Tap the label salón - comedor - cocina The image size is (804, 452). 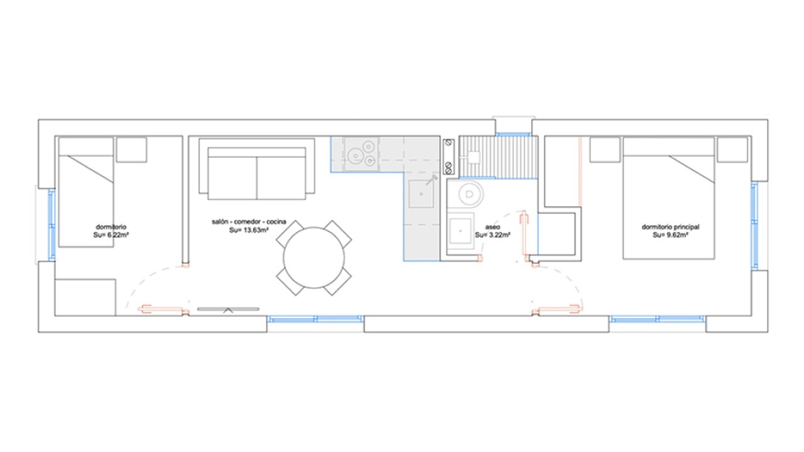[249, 222]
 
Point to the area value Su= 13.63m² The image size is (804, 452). [249, 230]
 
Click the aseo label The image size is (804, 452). [492, 226]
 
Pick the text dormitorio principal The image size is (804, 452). [670, 226]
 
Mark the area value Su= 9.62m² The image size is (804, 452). [670, 235]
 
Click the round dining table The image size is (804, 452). [313, 257]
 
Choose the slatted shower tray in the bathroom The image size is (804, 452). [498, 157]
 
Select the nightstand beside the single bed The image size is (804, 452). [131, 150]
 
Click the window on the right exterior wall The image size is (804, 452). [755, 225]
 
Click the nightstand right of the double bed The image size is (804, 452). [733, 149]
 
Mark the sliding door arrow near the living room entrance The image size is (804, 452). [227, 309]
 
